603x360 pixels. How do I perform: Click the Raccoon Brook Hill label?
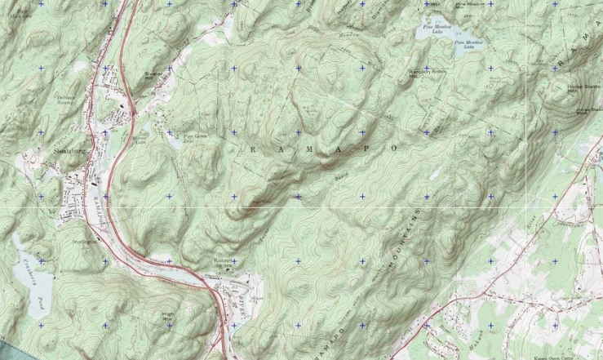423,74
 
